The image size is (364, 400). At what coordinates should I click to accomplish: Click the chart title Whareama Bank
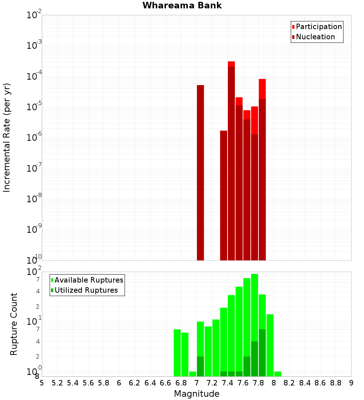click(x=182, y=5)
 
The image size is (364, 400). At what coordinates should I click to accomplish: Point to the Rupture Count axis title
click(x=14, y=324)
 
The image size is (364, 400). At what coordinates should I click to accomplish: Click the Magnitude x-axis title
click(x=197, y=394)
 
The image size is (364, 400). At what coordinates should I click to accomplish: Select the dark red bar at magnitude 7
click(x=200, y=173)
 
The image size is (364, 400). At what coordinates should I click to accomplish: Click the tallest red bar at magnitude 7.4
click(x=231, y=160)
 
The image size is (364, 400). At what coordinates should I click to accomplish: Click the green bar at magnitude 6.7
click(x=177, y=353)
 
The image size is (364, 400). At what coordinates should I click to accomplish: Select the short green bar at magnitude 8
click(x=278, y=374)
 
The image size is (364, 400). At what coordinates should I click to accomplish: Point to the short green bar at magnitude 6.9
click(x=193, y=374)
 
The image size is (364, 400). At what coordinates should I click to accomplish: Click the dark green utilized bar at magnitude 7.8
click(x=262, y=353)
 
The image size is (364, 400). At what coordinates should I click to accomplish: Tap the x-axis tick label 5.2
click(x=58, y=383)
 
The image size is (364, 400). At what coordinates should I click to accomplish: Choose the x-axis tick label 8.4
click(x=305, y=383)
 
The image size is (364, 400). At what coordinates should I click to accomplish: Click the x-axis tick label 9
click(x=351, y=383)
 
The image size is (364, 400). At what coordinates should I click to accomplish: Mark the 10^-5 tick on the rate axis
click(x=34, y=107)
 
